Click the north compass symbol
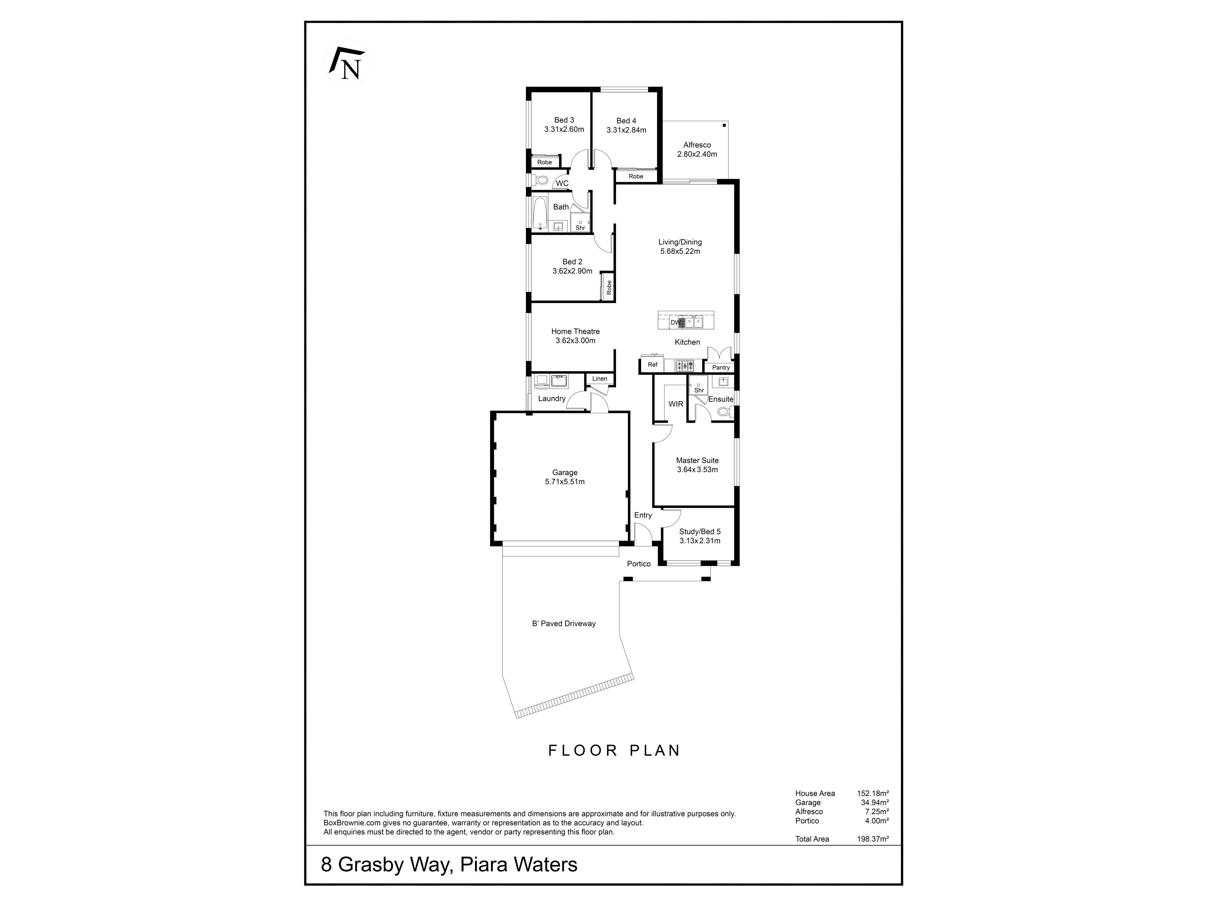(x=347, y=63)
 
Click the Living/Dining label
(x=680, y=242)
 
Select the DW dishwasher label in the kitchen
(x=675, y=323)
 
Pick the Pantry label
(x=720, y=367)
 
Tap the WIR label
(x=675, y=404)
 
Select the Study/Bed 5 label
(x=700, y=531)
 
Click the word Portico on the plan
(x=638, y=564)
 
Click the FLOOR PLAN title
(x=615, y=750)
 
